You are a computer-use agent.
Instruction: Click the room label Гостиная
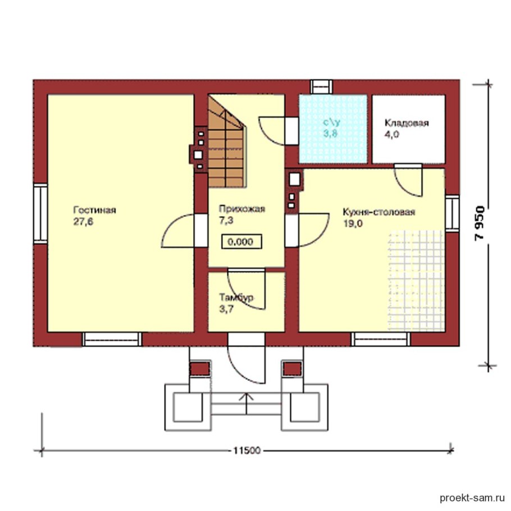[94, 210]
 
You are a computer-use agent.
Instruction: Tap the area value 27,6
[84, 222]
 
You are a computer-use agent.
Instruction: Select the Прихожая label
[242, 209]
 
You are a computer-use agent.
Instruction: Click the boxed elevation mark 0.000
[241, 242]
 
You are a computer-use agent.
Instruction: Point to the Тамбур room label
[236, 297]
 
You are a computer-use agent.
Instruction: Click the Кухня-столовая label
[378, 212]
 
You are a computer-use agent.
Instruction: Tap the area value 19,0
[353, 224]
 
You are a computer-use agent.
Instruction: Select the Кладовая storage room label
[407, 123]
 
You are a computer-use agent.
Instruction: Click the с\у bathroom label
[331, 122]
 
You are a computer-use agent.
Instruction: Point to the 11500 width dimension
[247, 450]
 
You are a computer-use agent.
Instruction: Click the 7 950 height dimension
[480, 223]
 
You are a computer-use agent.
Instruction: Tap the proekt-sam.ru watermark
[472, 498]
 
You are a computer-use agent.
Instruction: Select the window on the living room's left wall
[40, 213]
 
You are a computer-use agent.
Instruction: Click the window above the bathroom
[321, 86]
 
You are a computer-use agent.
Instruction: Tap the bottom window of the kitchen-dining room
[381, 339]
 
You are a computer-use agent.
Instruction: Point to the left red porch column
[200, 368]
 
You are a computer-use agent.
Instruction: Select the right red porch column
[293, 368]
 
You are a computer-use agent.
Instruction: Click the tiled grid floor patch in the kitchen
[416, 281]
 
